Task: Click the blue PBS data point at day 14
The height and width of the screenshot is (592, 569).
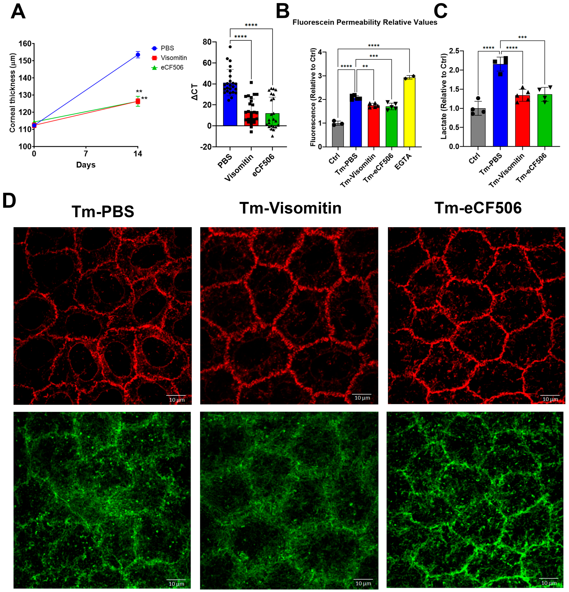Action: pos(138,55)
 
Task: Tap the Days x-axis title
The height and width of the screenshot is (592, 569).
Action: pos(86,165)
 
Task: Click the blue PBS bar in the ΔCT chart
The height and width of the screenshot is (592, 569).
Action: pos(230,106)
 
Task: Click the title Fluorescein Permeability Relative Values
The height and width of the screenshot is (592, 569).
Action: pos(365,22)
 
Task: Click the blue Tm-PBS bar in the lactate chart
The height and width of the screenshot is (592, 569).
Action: pos(500,106)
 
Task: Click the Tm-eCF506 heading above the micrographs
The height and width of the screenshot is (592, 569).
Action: pos(478,208)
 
